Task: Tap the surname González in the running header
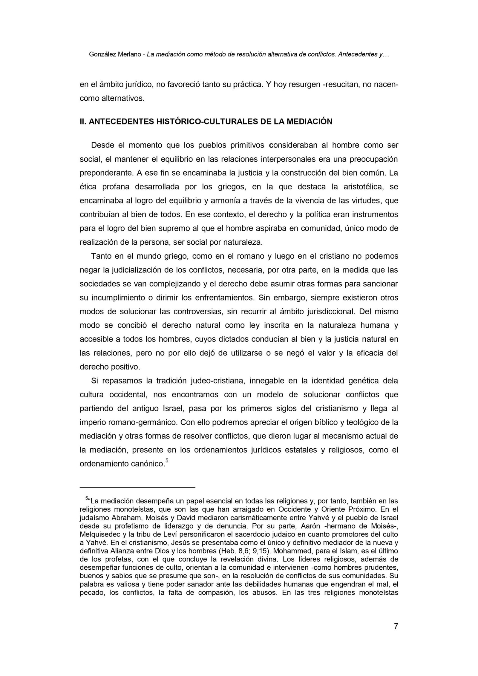click(x=102, y=55)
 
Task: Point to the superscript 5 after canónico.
click(x=167, y=461)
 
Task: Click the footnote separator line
click(x=137, y=487)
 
